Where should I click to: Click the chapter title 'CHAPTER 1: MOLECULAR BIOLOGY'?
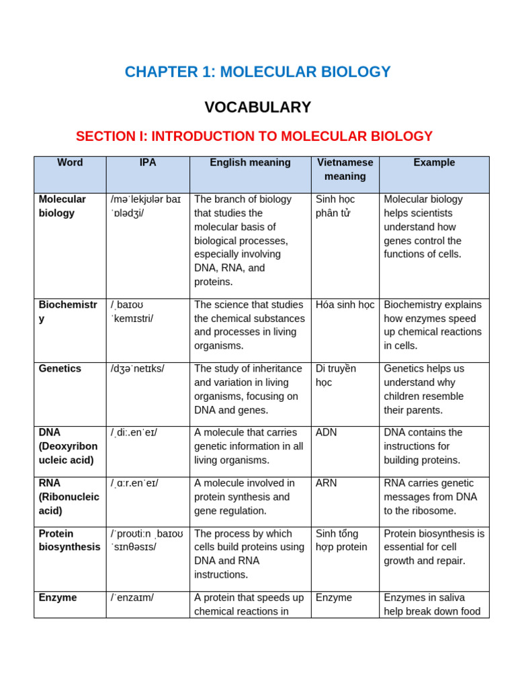pyautogui.click(x=257, y=72)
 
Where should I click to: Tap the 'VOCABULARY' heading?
pyautogui.click(x=257, y=107)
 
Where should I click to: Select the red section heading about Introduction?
pyautogui.click(x=254, y=136)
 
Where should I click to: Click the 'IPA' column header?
pyautogui.click(x=148, y=163)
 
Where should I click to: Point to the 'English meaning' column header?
pyautogui.click(x=250, y=163)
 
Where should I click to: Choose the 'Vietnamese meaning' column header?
pyautogui.click(x=345, y=170)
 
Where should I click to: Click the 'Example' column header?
pyautogui.click(x=434, y=163)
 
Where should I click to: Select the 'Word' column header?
pyautogui.click(x=70, y=163)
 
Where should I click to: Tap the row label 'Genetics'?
pyautogui.click(x=60, y=369)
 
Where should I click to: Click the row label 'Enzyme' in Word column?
pyautogui.click(x=58, y=598)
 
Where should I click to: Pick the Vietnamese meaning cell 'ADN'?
pyautogui.click(x=326, y=433)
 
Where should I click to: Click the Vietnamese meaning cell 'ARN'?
pyautogui.click(x=326, y=483)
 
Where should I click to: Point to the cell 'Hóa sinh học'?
pyautogui.click(x=345, y=305)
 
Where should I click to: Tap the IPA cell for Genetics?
pyautogui.click(x=137, y=369)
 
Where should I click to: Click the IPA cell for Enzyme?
pyautogui.click(x=132, y=598)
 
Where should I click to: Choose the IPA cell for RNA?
pyautogui.click(x=134, y=483)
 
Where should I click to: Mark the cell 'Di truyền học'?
pyautogui.click(x=335, y=376)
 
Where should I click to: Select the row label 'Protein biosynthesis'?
pyautogui.click(x=69, y=540)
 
